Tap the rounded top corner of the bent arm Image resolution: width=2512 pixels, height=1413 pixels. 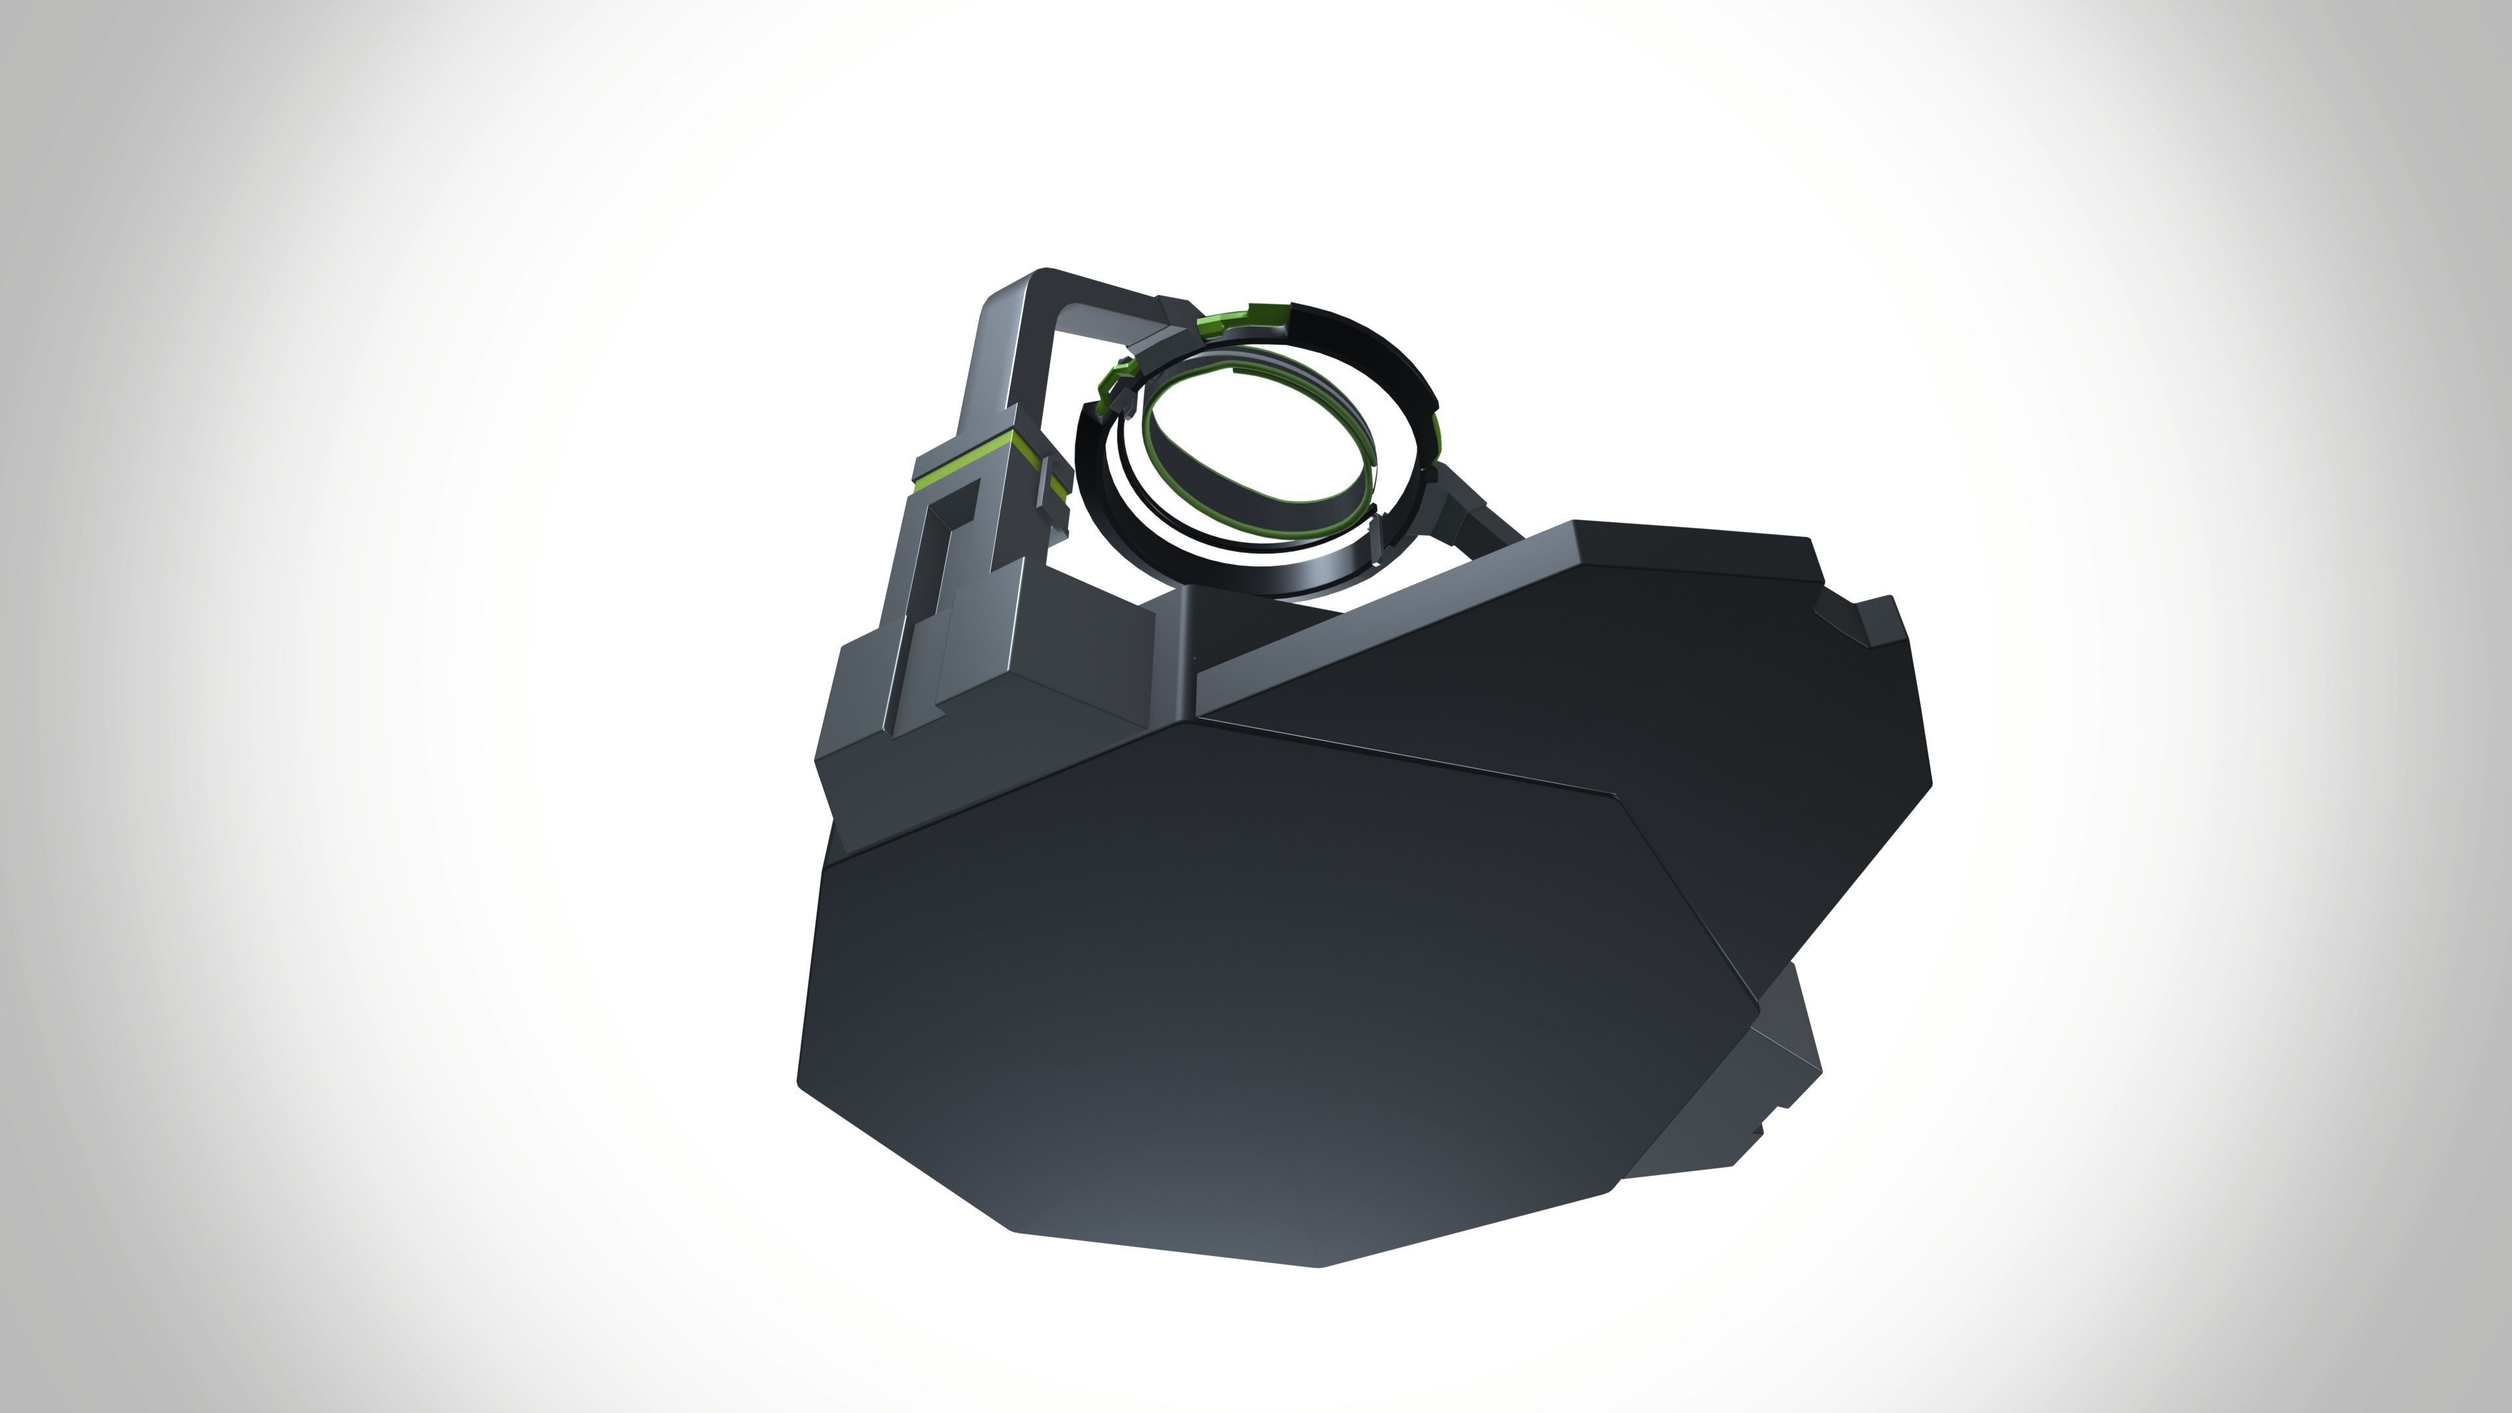pyautogui.click(x=1043, y=274)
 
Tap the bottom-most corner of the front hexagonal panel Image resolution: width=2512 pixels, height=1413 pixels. pyautogui.click(x=1321, y=1266)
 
